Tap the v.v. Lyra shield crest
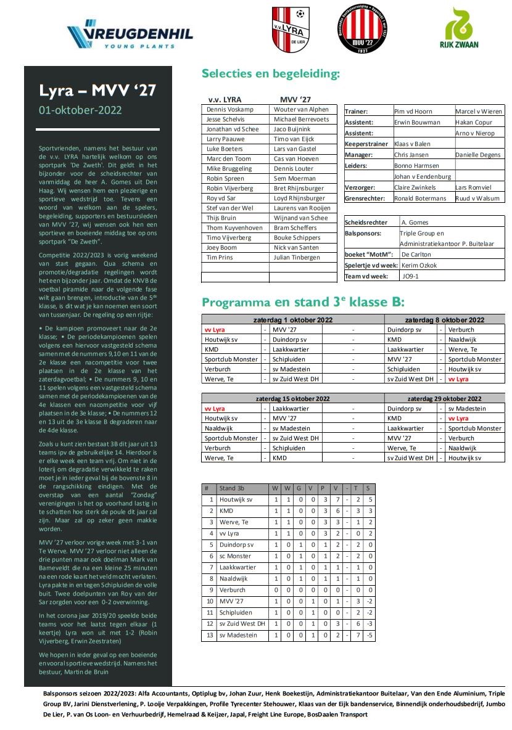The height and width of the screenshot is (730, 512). (291, 29)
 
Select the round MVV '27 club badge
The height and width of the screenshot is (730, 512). (362, 29)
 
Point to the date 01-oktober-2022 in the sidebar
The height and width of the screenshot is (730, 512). (80, 110)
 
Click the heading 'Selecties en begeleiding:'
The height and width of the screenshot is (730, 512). (271, 74)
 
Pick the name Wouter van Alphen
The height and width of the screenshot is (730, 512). (302, 109)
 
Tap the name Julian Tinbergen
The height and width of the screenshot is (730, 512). (298, 257)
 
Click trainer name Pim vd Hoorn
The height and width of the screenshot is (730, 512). (413, 112)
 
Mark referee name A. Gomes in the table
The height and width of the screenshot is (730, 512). (415, 222)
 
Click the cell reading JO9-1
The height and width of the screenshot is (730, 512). (410, 276)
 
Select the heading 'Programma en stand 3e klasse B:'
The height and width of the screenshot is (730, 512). (303, 302)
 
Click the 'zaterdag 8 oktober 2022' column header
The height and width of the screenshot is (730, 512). (444, 320)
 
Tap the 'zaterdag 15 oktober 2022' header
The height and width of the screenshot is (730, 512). (293, 398)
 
